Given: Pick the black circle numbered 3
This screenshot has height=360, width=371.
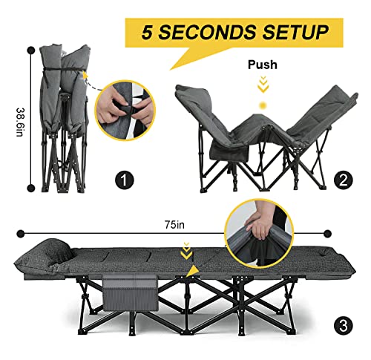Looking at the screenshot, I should (x=344, y=324).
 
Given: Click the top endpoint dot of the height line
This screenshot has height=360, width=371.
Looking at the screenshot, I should (x=31, y=50).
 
